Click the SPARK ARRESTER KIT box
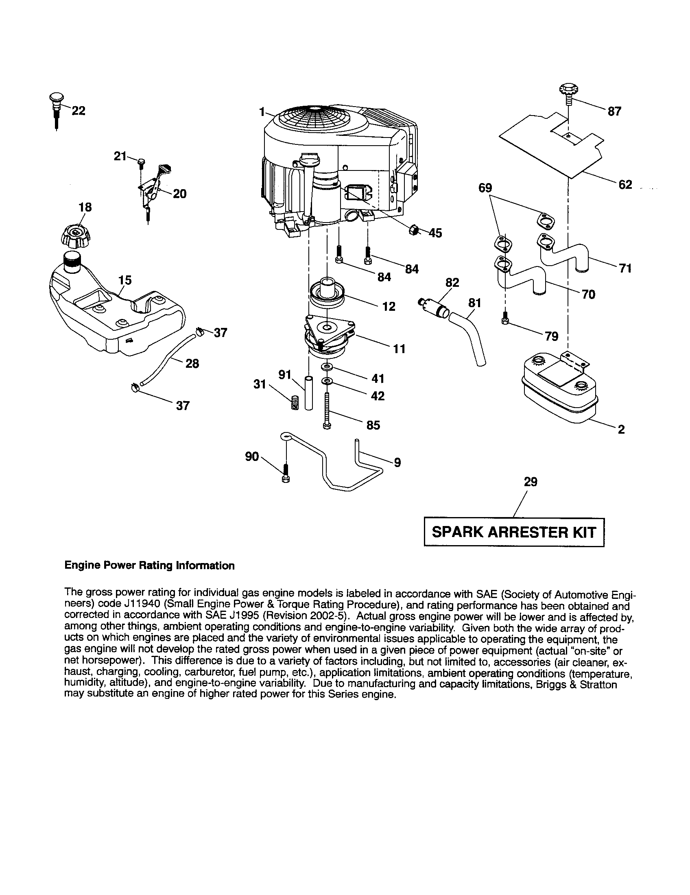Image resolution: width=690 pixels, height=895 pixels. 514,532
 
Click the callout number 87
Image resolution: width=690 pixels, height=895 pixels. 614,111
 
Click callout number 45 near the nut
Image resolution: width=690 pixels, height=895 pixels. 435,233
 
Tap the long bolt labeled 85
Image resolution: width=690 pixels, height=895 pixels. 327,410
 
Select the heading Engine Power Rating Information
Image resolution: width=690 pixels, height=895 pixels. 150,565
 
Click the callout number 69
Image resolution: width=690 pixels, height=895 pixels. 485,188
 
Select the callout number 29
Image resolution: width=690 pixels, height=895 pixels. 530,482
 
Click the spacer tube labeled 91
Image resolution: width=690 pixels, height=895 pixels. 308,393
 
